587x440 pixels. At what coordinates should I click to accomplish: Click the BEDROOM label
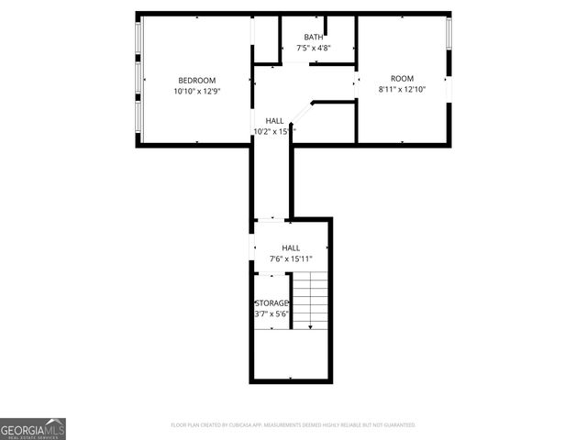click(x=197, y=80)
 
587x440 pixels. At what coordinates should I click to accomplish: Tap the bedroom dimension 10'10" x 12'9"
click(x=197, y=92)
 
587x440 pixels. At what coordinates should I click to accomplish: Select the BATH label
click(x=313, y=37)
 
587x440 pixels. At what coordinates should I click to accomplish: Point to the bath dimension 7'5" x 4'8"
click(x=313, y=48)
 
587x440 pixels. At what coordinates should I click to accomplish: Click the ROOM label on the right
click(x=402, y=78)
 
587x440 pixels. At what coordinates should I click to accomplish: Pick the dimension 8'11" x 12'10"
click(x=402, y=90)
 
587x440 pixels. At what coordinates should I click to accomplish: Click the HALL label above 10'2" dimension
click(x=274, y=120)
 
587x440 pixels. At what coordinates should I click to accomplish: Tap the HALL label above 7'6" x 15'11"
click(x=291, y=247)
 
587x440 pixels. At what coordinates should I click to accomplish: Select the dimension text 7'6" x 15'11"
click(x=291, y=259)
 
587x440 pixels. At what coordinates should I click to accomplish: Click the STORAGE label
click(x=271, y=302)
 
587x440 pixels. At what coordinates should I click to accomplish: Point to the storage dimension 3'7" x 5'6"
click(x=271, y=314)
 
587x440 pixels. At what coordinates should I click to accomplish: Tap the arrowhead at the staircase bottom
click(x=310, y=325)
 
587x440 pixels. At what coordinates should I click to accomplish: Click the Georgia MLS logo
click(x=33, y=428)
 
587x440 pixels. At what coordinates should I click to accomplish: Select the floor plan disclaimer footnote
click(x=293, y=425)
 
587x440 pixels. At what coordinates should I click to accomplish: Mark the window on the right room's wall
click(x=449, y=35)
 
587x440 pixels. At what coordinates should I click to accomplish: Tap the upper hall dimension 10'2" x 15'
click(x=274, y=131)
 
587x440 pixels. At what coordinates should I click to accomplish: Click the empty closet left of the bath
click(x=267, y=38)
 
